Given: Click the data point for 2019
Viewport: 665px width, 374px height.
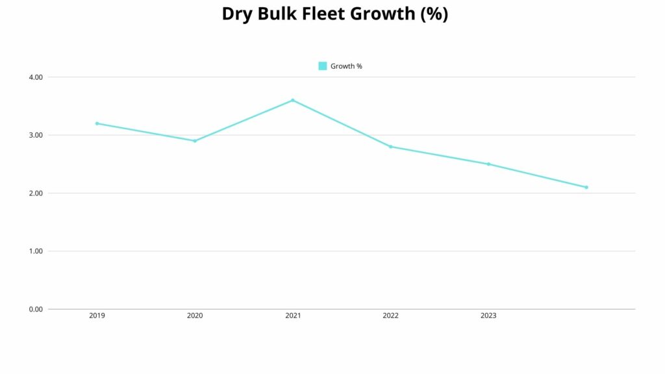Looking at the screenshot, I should coord(97,123).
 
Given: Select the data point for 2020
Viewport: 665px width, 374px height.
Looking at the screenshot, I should coord(195,141).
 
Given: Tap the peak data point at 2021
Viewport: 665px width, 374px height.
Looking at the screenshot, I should coord(293,100).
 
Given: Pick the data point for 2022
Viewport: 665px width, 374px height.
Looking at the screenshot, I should coord(390,147).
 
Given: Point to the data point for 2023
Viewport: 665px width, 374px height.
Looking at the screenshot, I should coord(488,164).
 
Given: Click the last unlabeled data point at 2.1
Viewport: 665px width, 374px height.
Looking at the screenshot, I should coord(586,187).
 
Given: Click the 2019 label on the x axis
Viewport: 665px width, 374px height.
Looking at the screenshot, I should coord(97,316).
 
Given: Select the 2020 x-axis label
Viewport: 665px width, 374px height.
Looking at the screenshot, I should coord(195,316).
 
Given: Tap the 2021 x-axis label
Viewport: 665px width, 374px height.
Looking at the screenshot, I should coord(293,316).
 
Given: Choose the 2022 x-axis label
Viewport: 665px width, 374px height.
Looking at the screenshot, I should coord(390,316).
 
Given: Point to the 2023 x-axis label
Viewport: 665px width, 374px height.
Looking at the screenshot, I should coord(488,316).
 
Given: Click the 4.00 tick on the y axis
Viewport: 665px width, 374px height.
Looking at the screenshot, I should coord(36,77).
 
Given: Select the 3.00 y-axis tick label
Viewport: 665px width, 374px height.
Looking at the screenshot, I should coord(36,135).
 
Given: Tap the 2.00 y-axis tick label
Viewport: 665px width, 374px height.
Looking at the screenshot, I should coord(36,193).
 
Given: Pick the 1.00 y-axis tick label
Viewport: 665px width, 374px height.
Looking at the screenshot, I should coord(36,251).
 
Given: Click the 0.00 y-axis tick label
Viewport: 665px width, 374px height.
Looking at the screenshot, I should coord(36,309).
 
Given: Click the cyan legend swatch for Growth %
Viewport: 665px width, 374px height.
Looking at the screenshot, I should coord(323,66).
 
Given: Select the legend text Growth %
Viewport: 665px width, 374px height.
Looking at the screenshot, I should coord(346,66).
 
